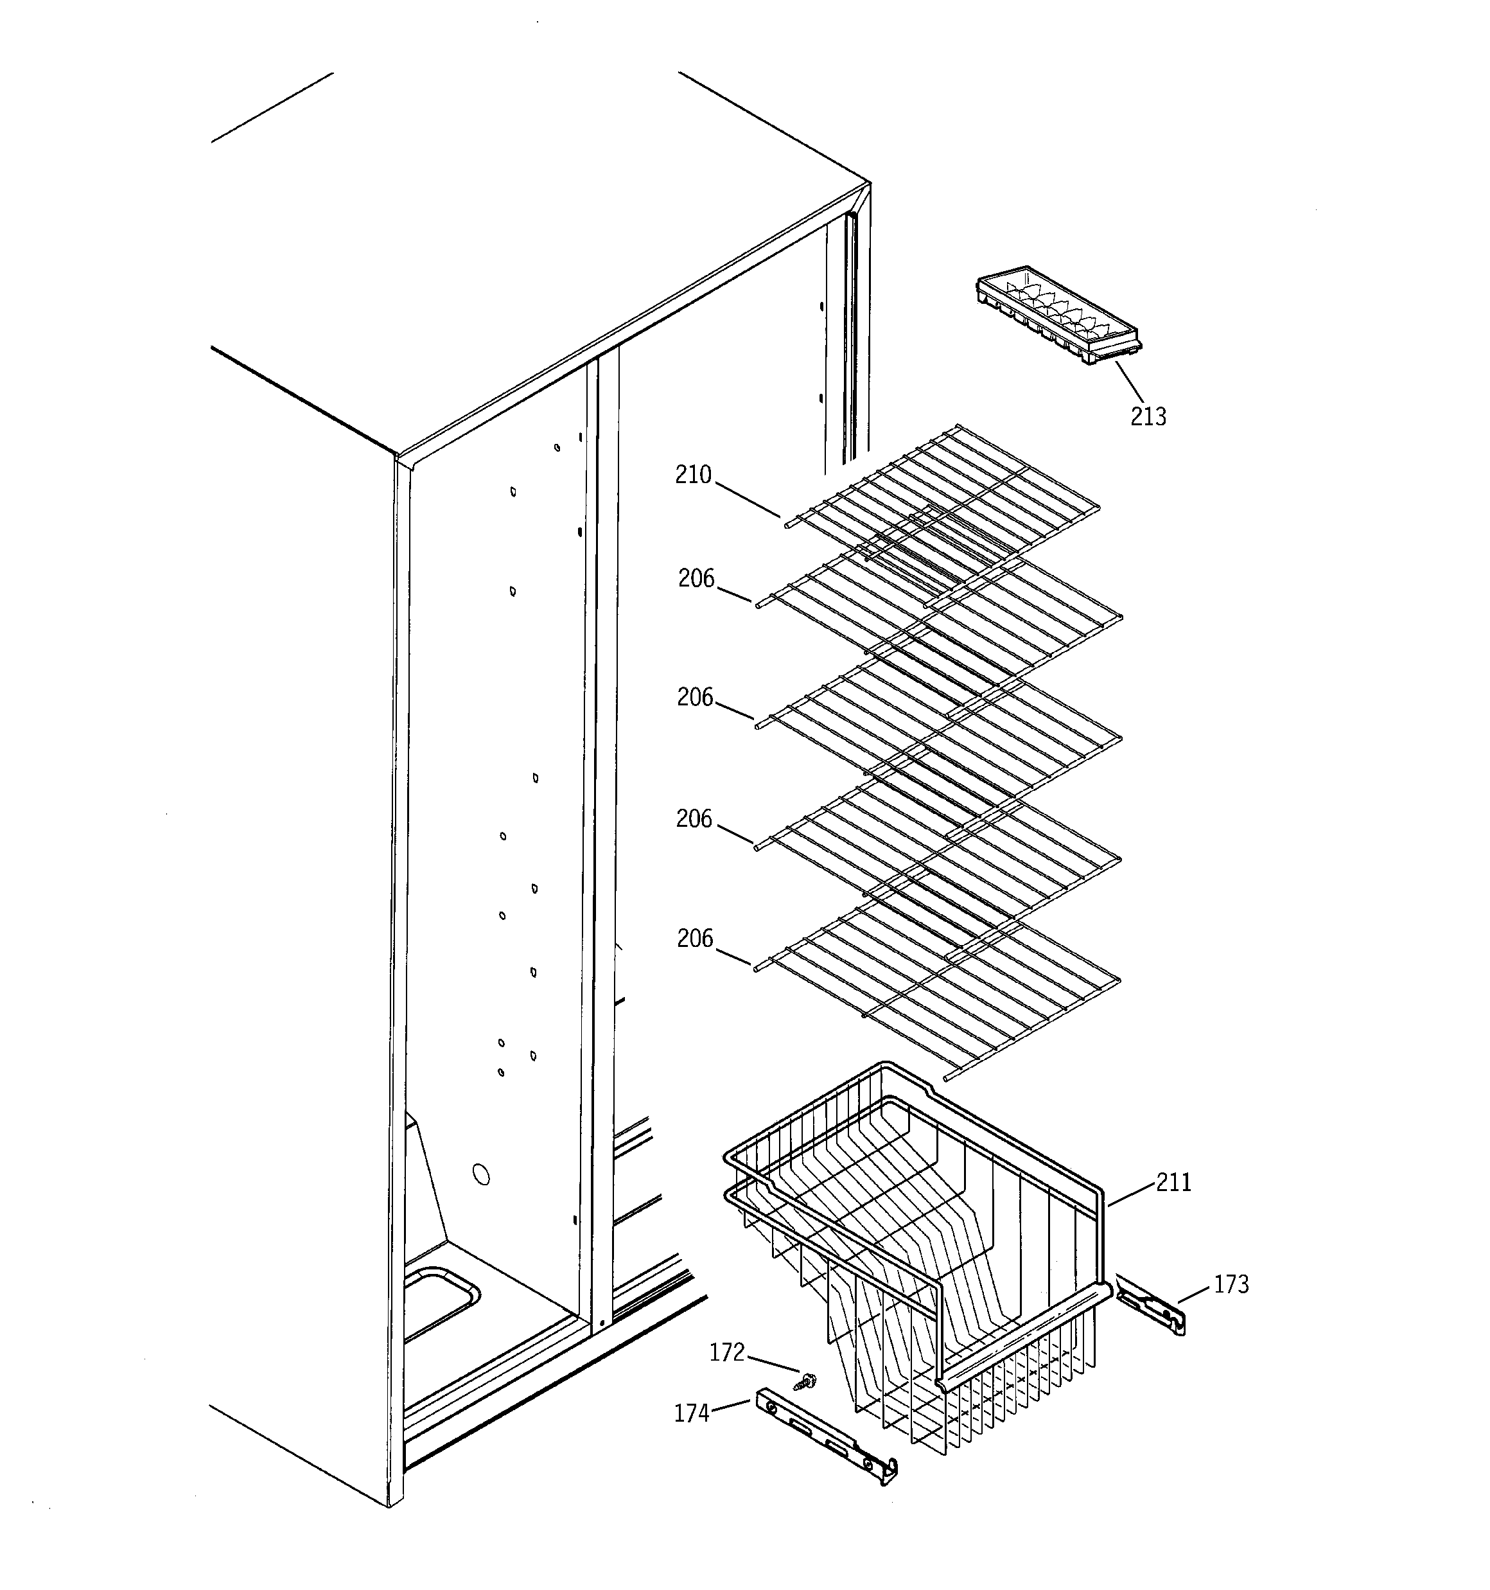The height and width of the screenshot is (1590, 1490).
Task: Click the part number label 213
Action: [1148, 417]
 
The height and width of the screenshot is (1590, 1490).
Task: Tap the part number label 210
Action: [692, 475]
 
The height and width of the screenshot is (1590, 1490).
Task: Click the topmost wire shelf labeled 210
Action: [943, 496]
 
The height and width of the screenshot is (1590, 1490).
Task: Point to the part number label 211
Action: [1173, 1182]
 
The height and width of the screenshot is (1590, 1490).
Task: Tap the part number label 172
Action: [727, 1352]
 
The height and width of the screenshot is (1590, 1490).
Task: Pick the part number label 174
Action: [692, 1414]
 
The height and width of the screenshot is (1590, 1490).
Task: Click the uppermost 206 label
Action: [696, 578]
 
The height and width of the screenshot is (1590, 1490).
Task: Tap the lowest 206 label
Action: [694, 938]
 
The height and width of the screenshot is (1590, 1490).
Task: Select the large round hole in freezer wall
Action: [482, 1174]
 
